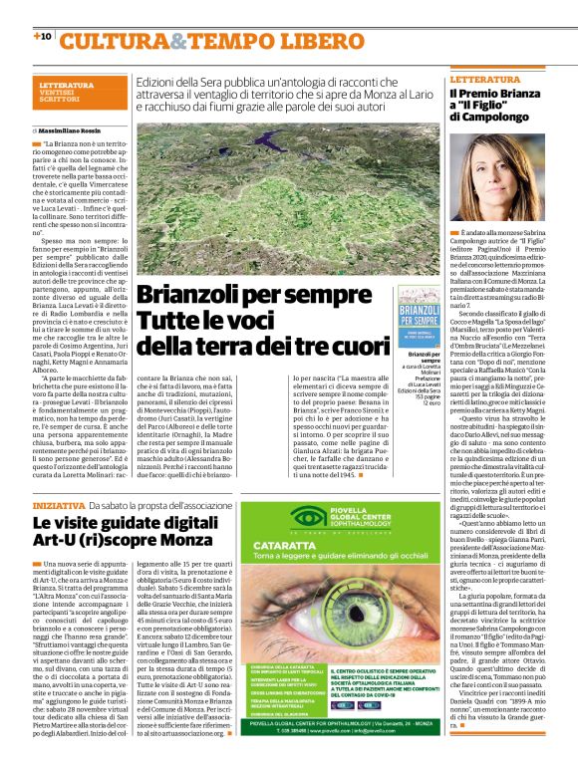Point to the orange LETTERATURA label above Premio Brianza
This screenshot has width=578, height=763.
click(485, 78)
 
